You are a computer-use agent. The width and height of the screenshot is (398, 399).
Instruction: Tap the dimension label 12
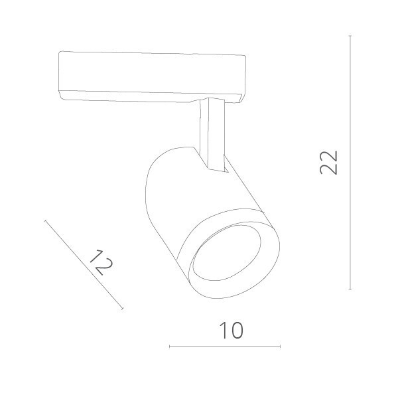click(99, 262)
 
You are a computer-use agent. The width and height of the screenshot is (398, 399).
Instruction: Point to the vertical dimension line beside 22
click(350, 199)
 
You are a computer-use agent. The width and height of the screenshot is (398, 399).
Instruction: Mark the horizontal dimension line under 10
click(226, 346)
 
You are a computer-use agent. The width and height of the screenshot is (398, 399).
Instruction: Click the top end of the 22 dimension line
click(350, 37)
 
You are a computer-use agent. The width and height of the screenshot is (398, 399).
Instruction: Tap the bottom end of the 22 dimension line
click(350, 289)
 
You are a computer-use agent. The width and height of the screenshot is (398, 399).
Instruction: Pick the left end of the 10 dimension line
click(170, 346)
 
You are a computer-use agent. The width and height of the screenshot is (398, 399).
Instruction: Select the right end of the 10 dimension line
click(280, 346)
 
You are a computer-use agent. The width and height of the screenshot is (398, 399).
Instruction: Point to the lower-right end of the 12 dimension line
click(123, 309)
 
